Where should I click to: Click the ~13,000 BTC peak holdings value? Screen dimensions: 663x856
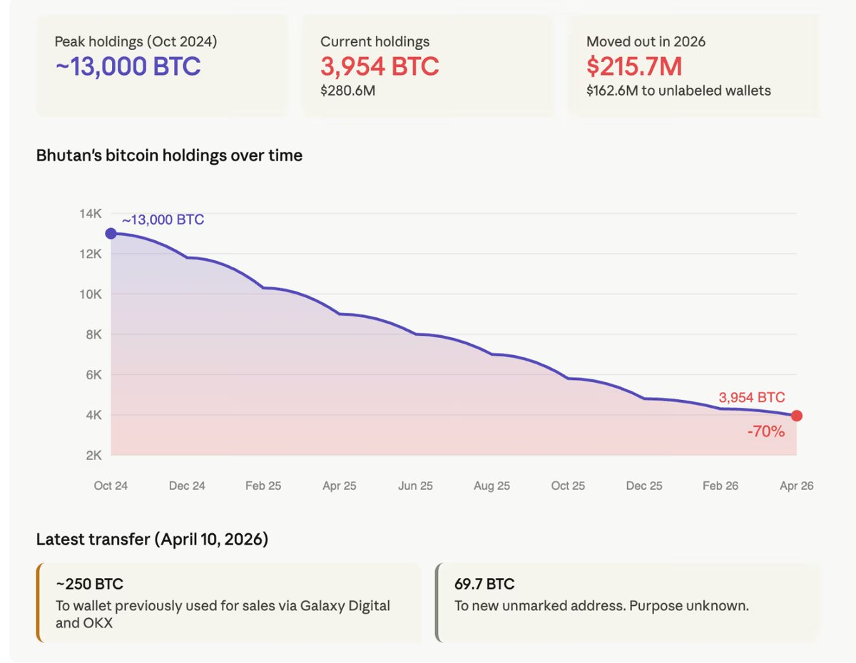128,66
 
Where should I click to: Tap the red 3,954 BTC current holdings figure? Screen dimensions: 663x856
379,66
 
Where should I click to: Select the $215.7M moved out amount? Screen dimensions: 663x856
634,66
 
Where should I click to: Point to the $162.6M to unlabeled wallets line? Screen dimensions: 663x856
678,91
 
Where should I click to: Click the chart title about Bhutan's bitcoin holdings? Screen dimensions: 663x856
169,155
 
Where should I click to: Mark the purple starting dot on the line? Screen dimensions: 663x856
111,233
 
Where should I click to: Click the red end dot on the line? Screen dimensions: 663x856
797,416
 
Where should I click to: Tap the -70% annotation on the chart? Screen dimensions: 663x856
765,431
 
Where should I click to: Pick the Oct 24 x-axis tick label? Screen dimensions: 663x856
111,485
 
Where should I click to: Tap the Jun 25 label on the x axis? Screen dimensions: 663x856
415,485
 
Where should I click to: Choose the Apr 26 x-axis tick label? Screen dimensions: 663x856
796,485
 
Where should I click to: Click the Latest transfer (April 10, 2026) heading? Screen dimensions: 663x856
152,540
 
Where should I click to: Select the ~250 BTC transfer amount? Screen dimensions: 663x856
90,585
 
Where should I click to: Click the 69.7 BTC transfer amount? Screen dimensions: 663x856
484,585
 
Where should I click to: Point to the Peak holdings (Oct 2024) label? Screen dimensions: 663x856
136,41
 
